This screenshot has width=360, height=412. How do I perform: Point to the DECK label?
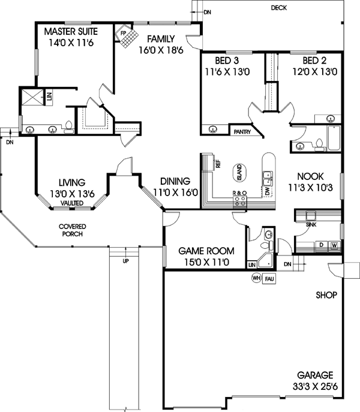coord(278,8)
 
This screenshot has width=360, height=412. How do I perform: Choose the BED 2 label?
coord(316,61)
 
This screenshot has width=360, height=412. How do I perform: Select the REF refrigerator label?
coord(218,163)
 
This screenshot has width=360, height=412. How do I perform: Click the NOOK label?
coord(310,176)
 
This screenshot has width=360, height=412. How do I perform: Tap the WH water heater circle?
coord(256,278)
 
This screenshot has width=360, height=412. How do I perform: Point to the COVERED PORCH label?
coord(70,230)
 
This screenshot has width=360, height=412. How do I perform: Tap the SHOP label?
coord(326,295)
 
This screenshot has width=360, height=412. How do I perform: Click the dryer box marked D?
coord(322,245)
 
